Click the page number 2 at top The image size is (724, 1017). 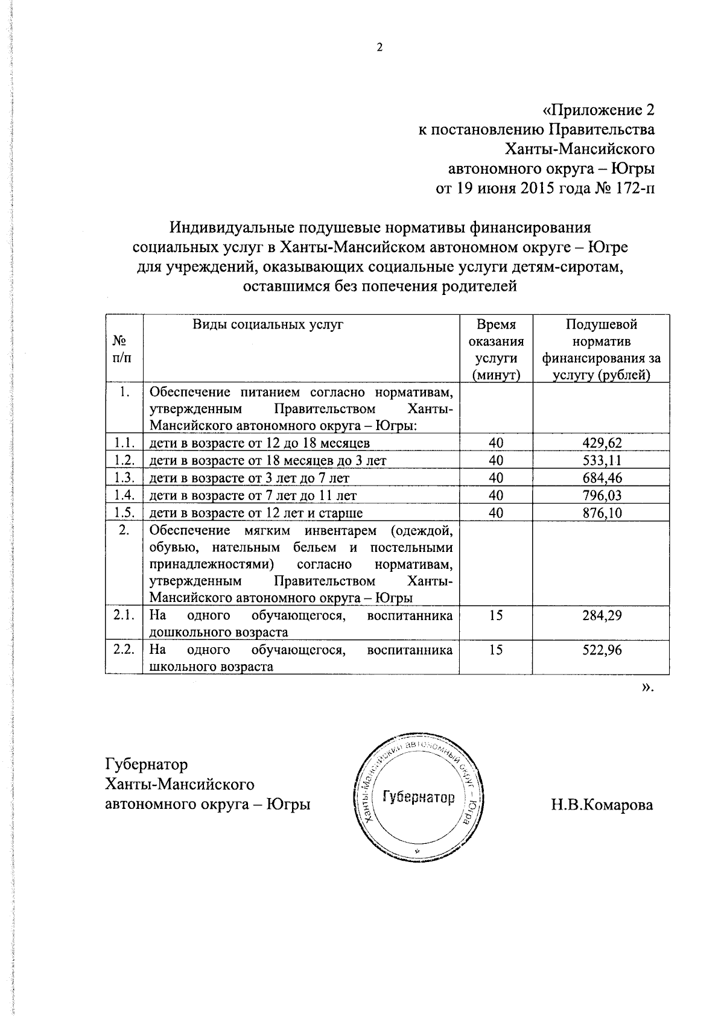(379, 48)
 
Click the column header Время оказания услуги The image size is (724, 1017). (496, 350)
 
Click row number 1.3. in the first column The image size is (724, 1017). (124, 478)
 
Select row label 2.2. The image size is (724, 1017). (124, 650)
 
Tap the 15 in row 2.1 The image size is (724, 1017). (496, 615)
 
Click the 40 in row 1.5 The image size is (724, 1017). (496, 513)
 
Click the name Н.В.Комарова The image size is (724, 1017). (601, 805)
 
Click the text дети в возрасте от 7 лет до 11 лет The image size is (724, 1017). (253, 495)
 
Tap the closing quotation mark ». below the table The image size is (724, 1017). (647, 686)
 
